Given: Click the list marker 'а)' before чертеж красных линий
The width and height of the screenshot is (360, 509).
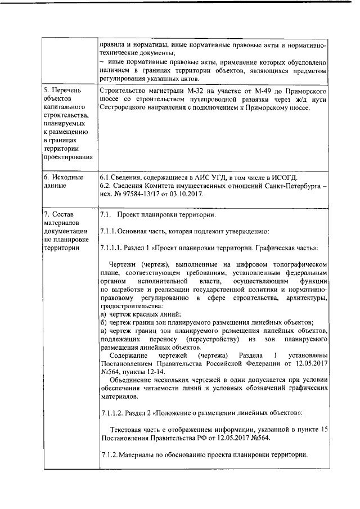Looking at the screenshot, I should point(103,314).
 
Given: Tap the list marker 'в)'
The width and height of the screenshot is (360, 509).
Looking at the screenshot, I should point(103,331).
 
